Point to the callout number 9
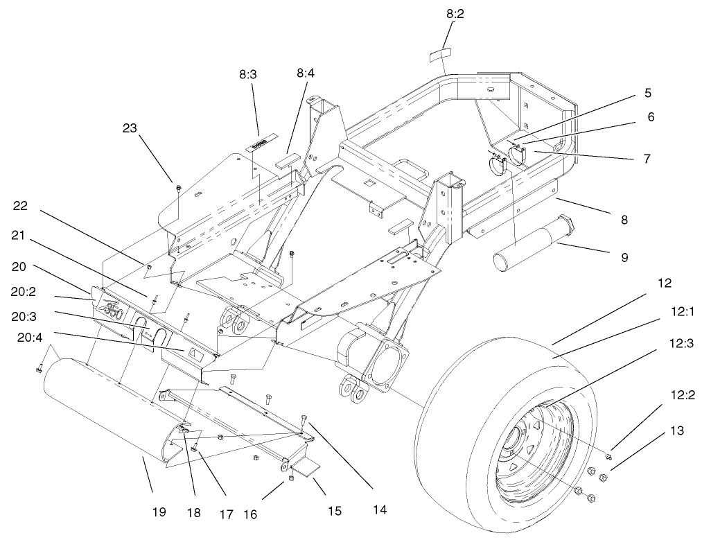pyautogui.click(x=624, y=257)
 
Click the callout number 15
pyautogui.click(x=335, y=512)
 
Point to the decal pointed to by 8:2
pyautogui.click(x=437, y=55)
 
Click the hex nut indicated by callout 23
pyautogui.click(x=178, y=187)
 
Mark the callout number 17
pyautogui.click(x=225, y=514)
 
